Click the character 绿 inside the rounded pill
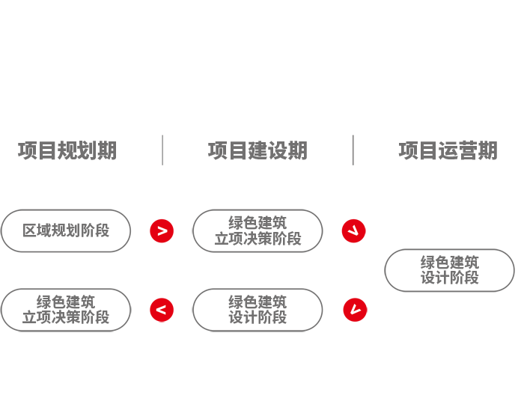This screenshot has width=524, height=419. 235,222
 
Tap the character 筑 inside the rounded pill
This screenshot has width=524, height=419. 280,222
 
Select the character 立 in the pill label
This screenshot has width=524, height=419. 221,239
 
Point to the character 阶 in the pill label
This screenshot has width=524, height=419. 279,239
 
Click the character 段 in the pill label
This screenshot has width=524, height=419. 294,239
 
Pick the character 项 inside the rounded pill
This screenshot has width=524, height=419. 236,239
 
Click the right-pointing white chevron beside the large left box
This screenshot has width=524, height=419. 162,231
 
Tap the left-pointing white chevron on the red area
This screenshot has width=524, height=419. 161,310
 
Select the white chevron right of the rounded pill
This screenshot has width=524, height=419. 353,231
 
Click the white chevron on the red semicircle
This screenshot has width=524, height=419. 355,310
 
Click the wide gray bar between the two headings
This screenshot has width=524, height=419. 258,150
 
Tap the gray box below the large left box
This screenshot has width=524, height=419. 65,310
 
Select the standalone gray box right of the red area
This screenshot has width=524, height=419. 449,270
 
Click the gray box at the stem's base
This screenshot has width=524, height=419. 262,310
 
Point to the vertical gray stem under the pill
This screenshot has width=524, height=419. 258,269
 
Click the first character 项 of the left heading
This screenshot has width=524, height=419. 25,151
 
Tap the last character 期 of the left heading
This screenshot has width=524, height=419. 109,151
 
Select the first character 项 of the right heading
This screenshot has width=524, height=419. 406,151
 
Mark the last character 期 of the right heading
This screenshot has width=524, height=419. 490,151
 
